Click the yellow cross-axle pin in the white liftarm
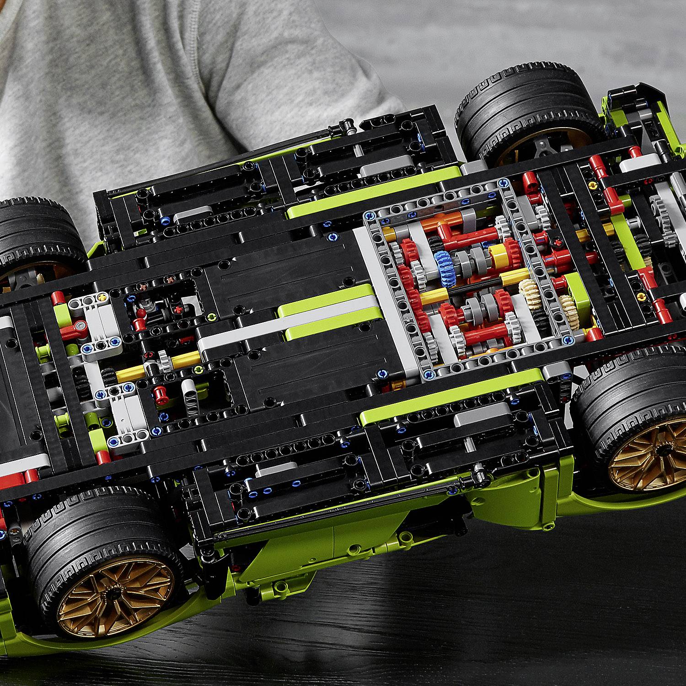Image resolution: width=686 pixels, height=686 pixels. pyautogui.click(x=102, y=298)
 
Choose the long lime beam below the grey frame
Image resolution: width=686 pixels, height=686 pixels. pyautogui.click(x=450, y=402)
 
